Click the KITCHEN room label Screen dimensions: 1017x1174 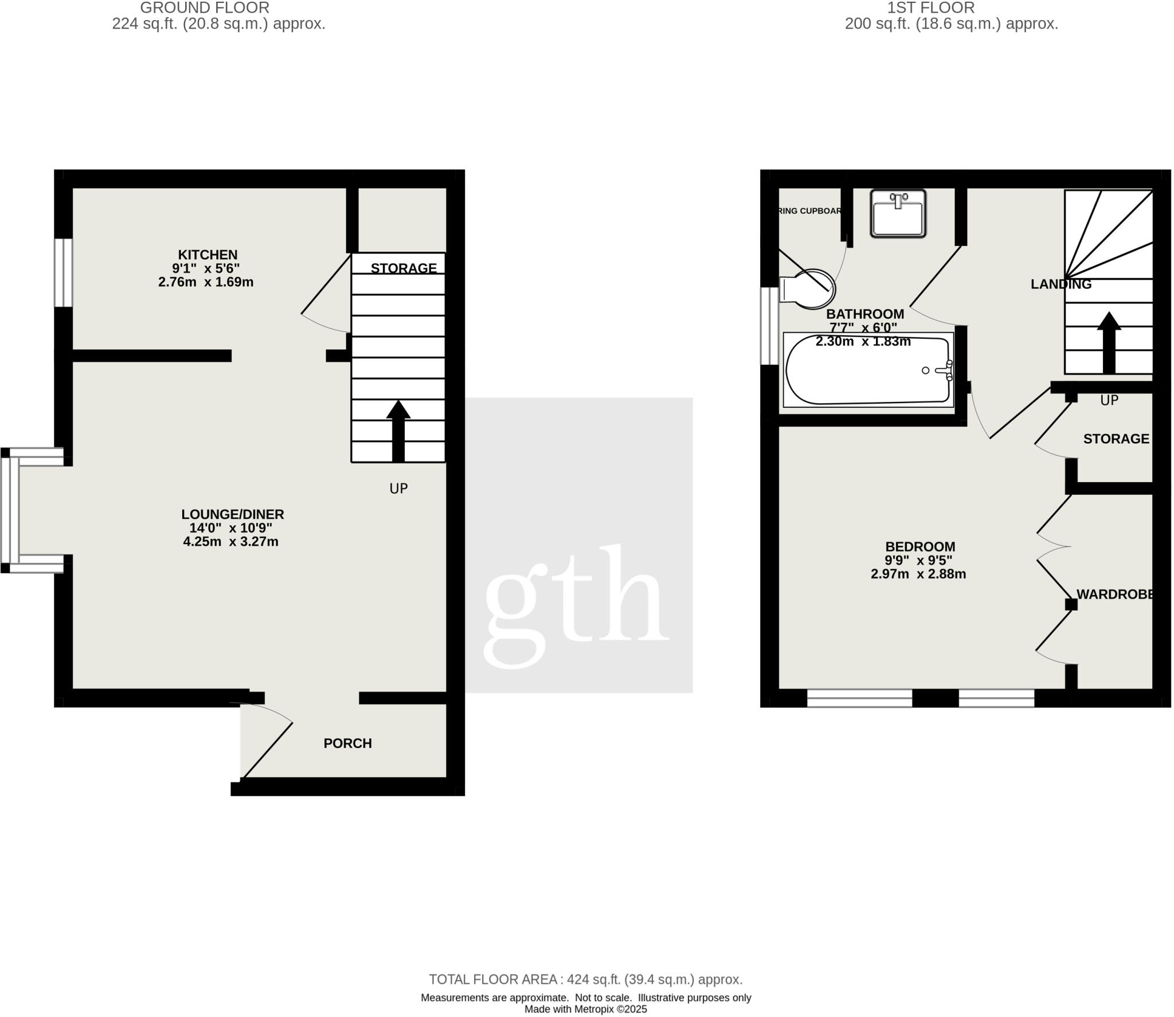tap(208, 255)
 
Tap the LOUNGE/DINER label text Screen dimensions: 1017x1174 tap(232, 514)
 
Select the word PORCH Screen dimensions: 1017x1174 tap(347, 743)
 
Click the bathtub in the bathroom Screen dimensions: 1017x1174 tap(868, 370)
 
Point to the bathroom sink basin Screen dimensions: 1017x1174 tap(898, 214)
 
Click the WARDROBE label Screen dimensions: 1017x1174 tap(1115, 594)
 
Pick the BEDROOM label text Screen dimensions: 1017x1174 tap(920, 546)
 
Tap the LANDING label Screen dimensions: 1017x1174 tap(1060, 284)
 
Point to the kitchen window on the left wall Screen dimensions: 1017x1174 tap(64, 272)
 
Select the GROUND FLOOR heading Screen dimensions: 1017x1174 tap(205, 8)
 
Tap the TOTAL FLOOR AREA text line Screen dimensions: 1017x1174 tap(585, 979)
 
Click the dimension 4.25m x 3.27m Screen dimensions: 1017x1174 tap(230, 542)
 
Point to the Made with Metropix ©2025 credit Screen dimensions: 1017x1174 tap(585, 1010)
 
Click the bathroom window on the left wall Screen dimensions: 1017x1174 tap(769, 325)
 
